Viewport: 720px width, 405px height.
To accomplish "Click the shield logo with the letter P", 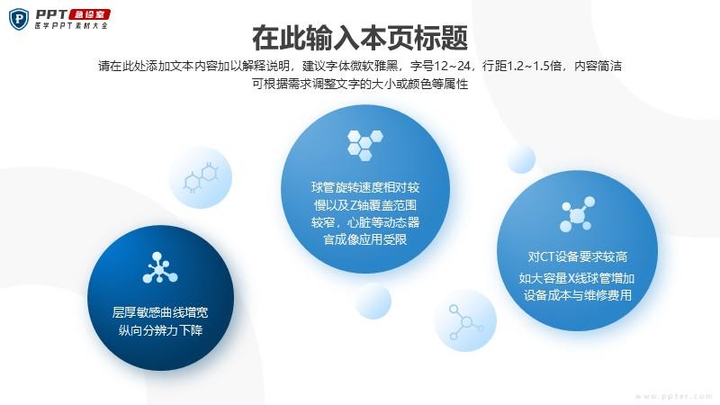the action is pos(19,19).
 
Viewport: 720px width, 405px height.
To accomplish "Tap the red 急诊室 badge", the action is pos(90,14).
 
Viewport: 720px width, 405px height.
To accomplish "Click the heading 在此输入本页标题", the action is pos(360,38).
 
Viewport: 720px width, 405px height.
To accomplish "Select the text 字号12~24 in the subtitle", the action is pos(440,66).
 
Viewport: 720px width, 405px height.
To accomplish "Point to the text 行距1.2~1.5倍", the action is pos(522,66).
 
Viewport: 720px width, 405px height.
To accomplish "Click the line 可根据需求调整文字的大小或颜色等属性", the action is pos(360,84).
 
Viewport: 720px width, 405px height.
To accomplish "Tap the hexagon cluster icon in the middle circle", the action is pos(365,145).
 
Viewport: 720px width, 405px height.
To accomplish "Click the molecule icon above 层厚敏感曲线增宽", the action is pos(160,267).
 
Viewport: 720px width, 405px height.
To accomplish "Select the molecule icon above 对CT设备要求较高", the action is pos(577,214).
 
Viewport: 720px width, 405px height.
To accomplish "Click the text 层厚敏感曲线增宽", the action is pos(160,312).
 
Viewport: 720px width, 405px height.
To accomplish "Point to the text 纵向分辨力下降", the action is pos(160,330).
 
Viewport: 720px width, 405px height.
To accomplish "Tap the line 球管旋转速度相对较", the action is pos(365,187).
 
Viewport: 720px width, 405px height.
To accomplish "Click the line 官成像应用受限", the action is pos(365,239).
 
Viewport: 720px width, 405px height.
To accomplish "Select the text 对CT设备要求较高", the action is pos(577,256).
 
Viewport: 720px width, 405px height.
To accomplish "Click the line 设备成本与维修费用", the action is pos(577,295).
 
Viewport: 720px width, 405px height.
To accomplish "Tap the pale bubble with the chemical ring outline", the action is pos(201,177).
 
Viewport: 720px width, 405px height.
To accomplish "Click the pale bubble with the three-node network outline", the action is pos(465,320).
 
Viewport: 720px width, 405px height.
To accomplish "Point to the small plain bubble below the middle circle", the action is pos(373,301).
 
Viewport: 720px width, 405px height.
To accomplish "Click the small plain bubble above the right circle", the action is pos(522,159).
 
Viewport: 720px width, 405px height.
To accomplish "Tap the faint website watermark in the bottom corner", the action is pos(673,396).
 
